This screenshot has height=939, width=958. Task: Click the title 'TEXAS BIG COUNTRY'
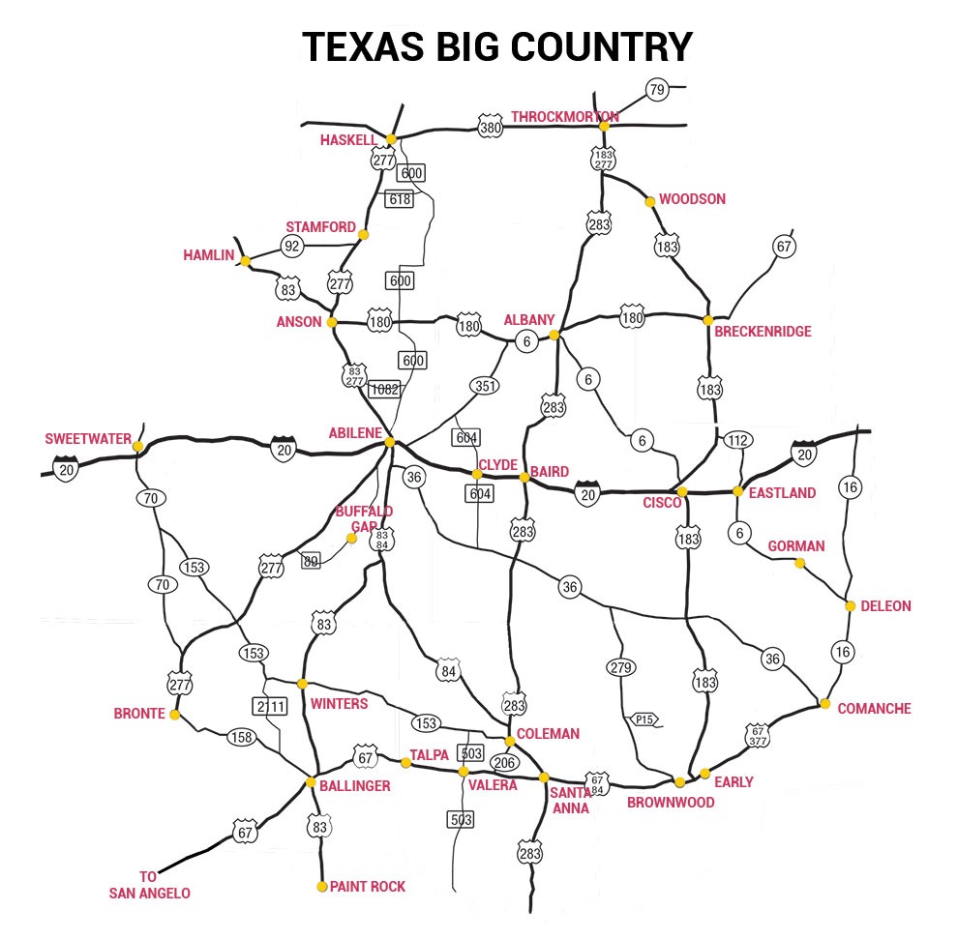(x=496, y=47)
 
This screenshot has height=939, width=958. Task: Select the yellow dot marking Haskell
(x=392, y=139)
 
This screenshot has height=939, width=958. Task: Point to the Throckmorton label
(x=564, y=117)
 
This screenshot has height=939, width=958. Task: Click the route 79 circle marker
(x=657, y=91)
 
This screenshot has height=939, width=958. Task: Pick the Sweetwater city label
(x=88, y=439)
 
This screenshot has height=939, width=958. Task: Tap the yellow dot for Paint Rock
(x=322, y=886)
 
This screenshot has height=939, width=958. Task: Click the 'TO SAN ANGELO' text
(x=149, y=885)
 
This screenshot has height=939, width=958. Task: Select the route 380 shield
(x=491, y=126)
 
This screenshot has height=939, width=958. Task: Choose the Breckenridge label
(x=763, y=332)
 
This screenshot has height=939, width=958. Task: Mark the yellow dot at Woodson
(x=650, y=201)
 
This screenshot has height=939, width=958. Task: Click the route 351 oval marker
(x=486, y=386)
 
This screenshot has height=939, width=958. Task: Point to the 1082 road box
(x=385, y=388)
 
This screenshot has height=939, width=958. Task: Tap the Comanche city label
(x=874, y=709)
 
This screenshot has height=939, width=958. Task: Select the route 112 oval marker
(x=737, y=441)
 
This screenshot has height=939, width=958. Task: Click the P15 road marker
(x=644, y=719)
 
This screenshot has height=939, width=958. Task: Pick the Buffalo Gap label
(x=364, y=517)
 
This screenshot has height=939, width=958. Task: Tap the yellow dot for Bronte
(x=175, y=715)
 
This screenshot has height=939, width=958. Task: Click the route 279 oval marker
(x=620, y=667)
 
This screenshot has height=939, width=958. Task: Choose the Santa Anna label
(x=570, y=801)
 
